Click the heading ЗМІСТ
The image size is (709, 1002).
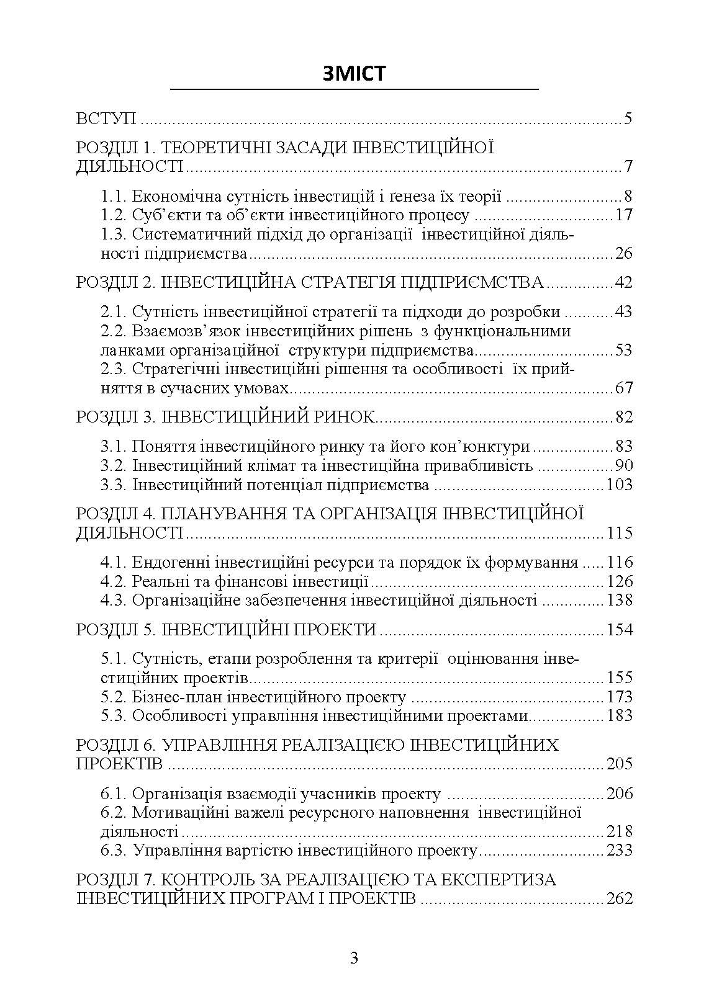pyautogui.click(x=354, y=73)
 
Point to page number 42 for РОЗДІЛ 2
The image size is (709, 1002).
pyautogui.click(x=623, y=283)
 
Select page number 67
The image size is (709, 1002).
pyautogui.click(x=623, y=388)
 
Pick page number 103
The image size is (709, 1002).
pyautogui.click(x=619, y=485)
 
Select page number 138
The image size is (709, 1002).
pyautogui.click(x=619, y=600)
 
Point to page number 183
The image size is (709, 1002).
pyautogui.click(x=619, y=715)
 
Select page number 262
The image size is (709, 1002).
pyautogui.click(x=619, y=898)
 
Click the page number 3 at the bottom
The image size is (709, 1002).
pyautogui.click(x=354, y=958)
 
